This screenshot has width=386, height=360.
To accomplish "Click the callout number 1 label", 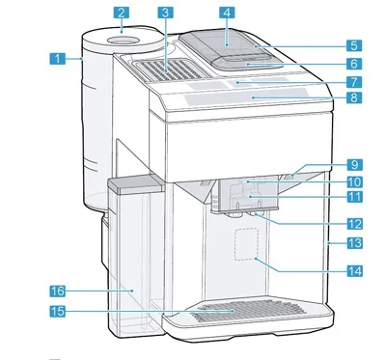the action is tap(58, 59).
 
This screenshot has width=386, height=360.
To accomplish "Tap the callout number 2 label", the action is tap(121, 13).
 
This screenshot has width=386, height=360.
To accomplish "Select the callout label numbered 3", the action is tap(166, 13).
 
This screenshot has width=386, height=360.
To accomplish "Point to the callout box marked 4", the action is tap(227, 13).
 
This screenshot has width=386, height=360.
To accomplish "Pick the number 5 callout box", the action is tap(354, 45).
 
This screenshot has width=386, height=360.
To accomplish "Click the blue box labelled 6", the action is tap(354, 64).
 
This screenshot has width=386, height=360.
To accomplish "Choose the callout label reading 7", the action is tap(354, 82).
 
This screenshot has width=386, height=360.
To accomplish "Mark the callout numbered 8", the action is tap(354, 97).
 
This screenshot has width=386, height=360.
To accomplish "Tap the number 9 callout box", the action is tap(355, 165).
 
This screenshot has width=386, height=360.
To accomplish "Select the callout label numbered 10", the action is tap(355, 181).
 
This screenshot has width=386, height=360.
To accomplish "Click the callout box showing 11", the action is tap(355, 197).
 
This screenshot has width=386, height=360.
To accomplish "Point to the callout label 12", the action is tap(355, 224).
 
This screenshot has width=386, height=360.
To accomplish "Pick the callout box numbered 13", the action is tap(355, 243).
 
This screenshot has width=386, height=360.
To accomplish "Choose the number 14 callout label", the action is tap(355, 271).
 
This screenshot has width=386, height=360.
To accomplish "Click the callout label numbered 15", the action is tap(58, 312).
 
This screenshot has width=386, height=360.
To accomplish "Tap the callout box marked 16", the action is tap(58, 291).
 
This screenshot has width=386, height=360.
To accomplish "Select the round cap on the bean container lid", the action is tap(124, 41).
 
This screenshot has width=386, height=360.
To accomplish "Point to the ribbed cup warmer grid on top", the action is tap(169, 69).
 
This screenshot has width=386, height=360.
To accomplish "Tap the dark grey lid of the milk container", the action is tap(135, 184).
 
